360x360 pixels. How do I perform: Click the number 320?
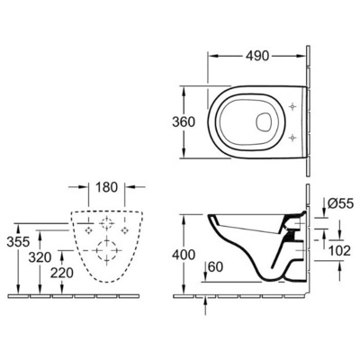point(38,256)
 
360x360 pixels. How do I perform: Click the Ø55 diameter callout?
point(339,204)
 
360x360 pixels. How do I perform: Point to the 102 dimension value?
point(340,252)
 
